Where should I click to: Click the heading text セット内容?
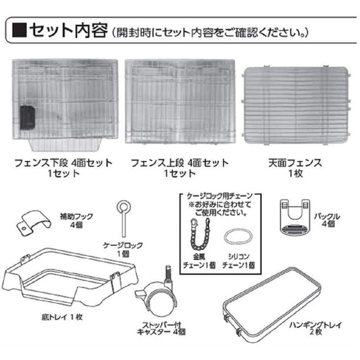(67, 31)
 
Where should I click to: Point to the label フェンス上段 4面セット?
(177, 162)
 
